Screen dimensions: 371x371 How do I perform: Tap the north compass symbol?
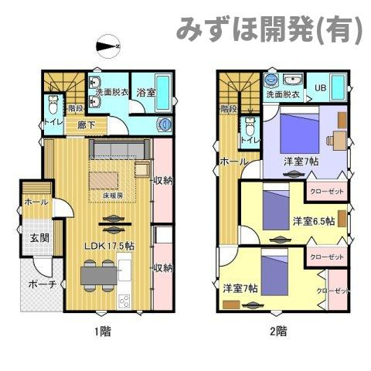coord(107,49)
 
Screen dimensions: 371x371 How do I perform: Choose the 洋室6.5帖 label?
coord(313,222)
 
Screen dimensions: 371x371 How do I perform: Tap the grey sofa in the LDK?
coord(119,150)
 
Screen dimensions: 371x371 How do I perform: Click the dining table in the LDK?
coord(98,273)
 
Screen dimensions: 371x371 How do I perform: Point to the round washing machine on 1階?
coord(163,125)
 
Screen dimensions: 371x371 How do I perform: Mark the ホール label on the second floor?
coord(234,162)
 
